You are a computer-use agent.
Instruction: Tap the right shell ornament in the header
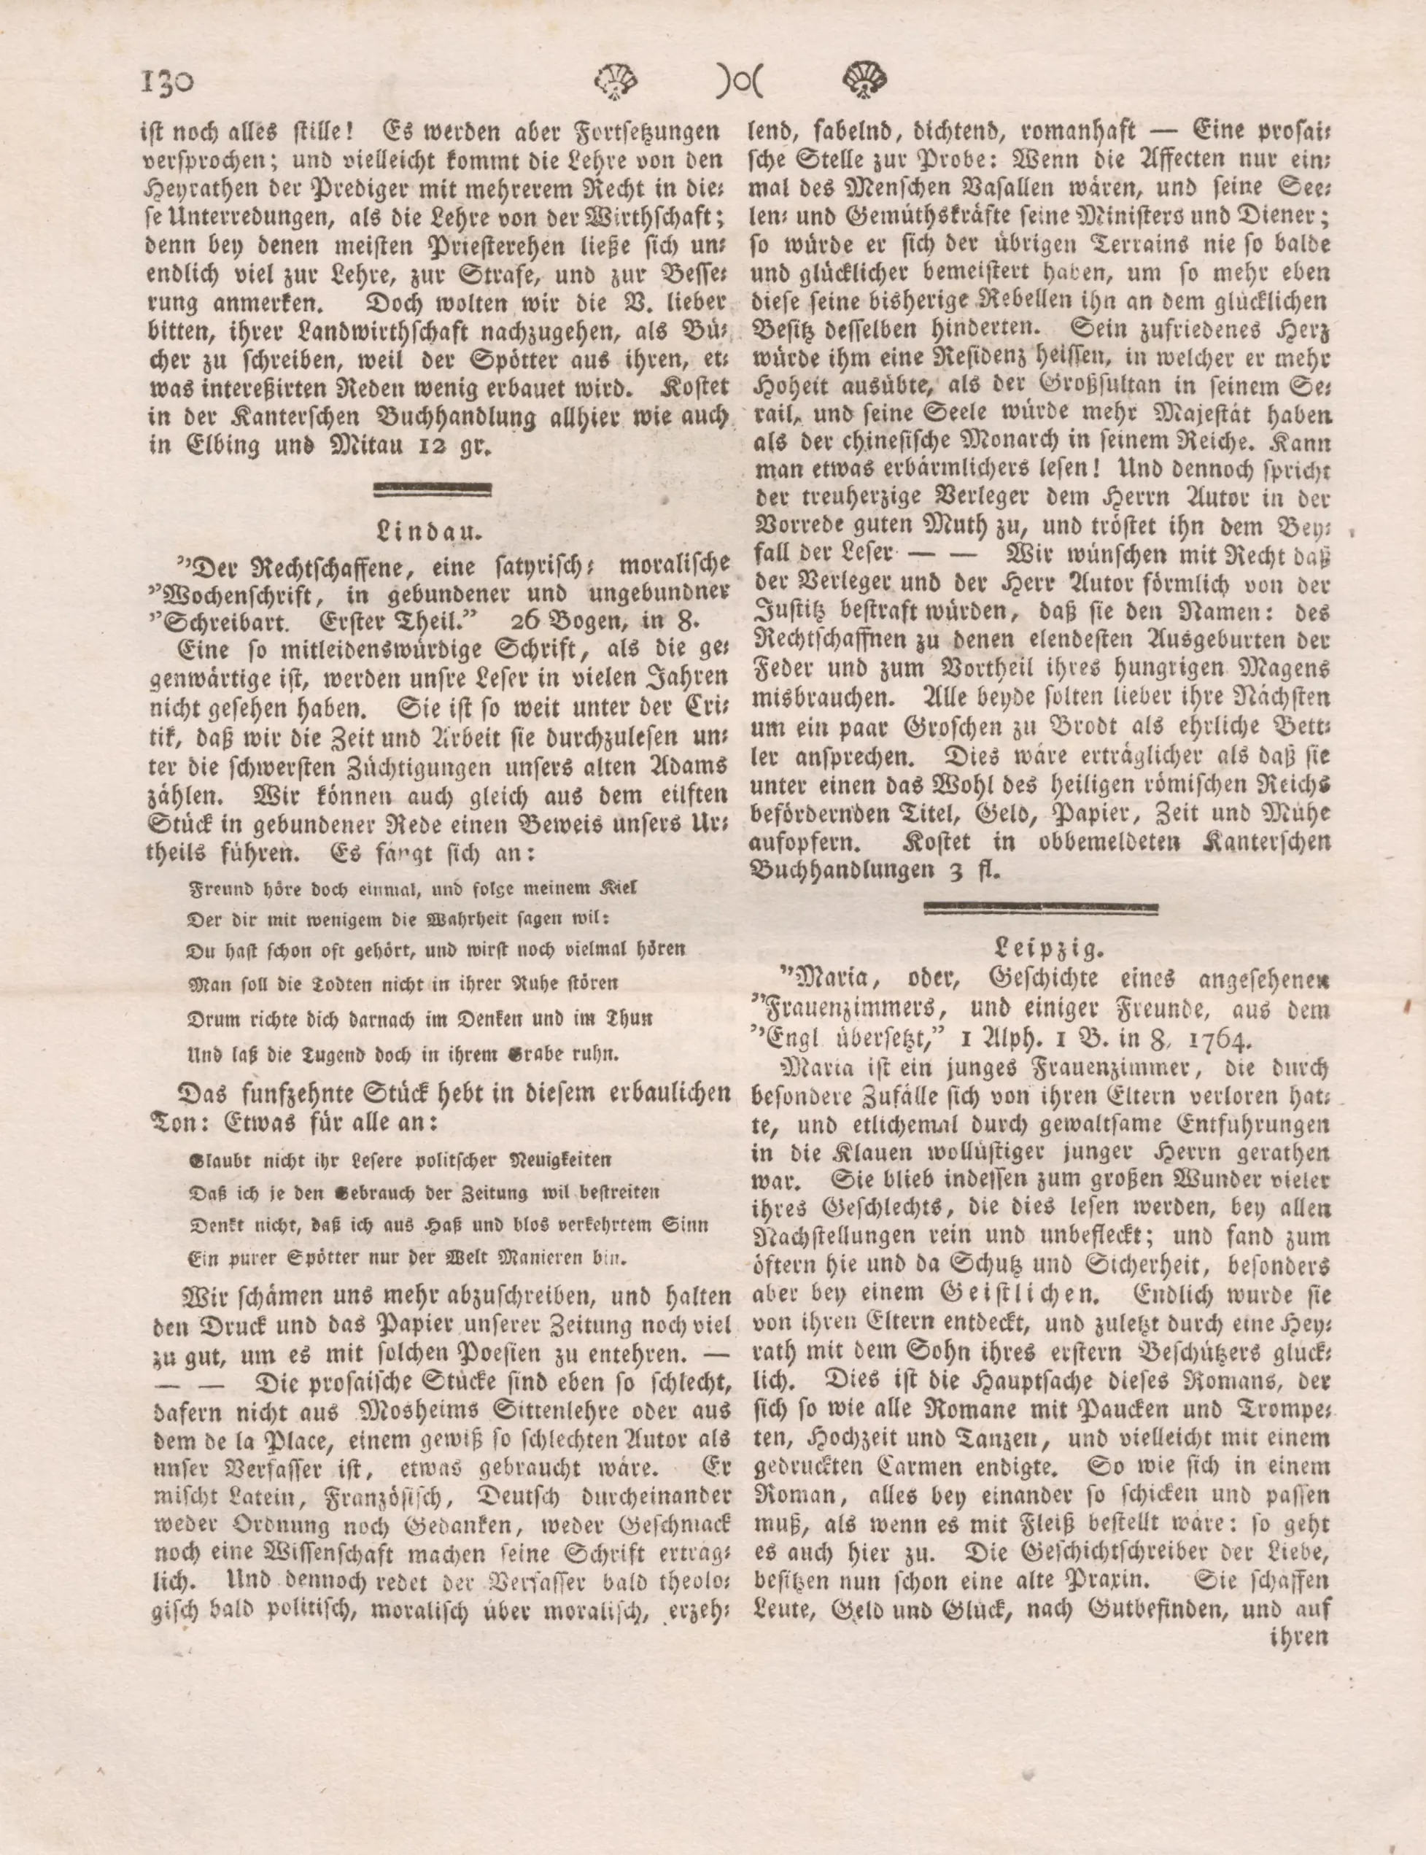tap(865, 82)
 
